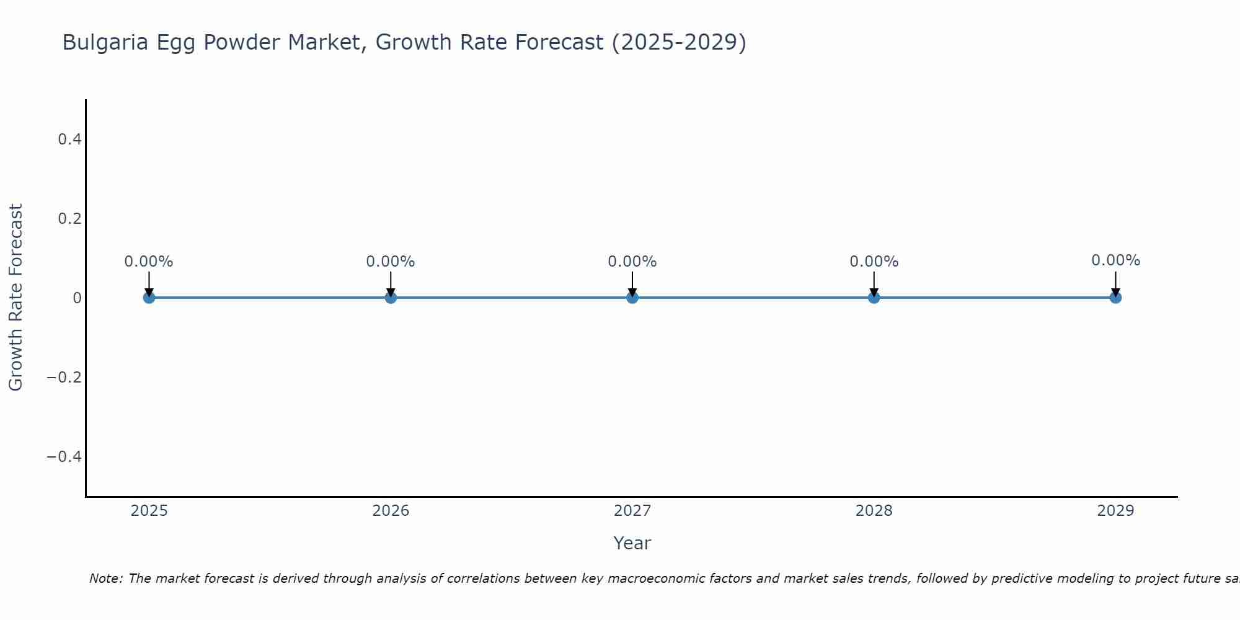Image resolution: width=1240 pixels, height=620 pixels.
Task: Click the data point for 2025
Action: click(x=149, y=298)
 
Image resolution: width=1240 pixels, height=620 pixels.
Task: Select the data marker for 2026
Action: click(x=391, y=298)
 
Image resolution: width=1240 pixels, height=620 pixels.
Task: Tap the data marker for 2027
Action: click(x=632, y=298)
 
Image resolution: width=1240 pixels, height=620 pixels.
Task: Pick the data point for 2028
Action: click(x=874, y=298)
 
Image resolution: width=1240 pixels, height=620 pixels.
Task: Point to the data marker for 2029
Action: click(x=1115, y=298)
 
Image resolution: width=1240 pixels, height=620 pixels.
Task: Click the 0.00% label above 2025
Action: click(x=149, y=262)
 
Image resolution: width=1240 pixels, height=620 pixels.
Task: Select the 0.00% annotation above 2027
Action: click(x=632, y=262)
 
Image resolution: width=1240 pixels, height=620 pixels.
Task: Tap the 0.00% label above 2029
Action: click(x=1115, y=260)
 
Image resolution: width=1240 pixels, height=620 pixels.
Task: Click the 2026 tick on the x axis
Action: click(x=391, y=511)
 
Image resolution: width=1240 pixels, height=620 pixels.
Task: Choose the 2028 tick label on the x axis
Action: click(x=874, y=511)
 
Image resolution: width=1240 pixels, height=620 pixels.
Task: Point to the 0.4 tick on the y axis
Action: click(x=70, y=139)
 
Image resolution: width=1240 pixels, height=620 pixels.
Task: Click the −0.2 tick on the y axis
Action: click(x=64, y=378)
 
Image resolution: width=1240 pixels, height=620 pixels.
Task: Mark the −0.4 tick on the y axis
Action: click(x=64, y=457)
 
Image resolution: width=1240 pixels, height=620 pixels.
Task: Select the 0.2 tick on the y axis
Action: click(x=70, y=219)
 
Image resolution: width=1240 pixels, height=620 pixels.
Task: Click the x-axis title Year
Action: click(x=632, y=544)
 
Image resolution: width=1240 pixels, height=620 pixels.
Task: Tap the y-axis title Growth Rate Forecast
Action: click(x=15, y=298)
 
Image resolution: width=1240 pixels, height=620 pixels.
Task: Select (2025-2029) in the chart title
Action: click(x=679, y=43)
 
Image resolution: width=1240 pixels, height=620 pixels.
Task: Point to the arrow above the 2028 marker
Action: click(x=874, y=284)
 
